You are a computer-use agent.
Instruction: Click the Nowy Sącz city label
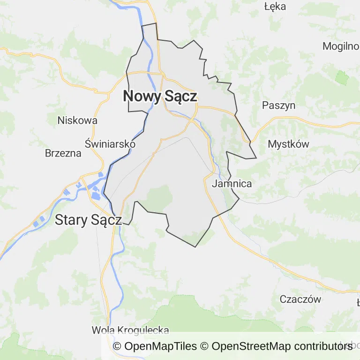(160, 96)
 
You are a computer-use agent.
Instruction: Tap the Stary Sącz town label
(89, 219)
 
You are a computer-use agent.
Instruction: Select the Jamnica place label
(232, 184)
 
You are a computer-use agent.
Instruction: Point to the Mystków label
(288, 144)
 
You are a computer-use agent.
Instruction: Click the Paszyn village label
(279, 105)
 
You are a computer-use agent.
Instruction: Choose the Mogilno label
(341, 46)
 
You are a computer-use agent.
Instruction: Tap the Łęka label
(275, 7)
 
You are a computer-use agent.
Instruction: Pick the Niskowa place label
(77, 120)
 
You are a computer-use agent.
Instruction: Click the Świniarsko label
(110, 144)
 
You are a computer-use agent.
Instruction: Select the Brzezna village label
(63, 153)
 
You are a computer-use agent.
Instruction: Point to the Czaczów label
(300, 299)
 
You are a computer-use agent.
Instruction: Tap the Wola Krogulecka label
(130, 330)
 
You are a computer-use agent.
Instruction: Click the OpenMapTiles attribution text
(155, 346)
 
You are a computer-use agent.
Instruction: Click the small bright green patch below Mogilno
(342, 78)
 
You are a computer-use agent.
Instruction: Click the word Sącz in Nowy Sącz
(180, 96)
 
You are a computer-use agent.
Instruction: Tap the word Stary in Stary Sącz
(71, 219)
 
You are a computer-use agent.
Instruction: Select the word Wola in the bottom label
(103, 330)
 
